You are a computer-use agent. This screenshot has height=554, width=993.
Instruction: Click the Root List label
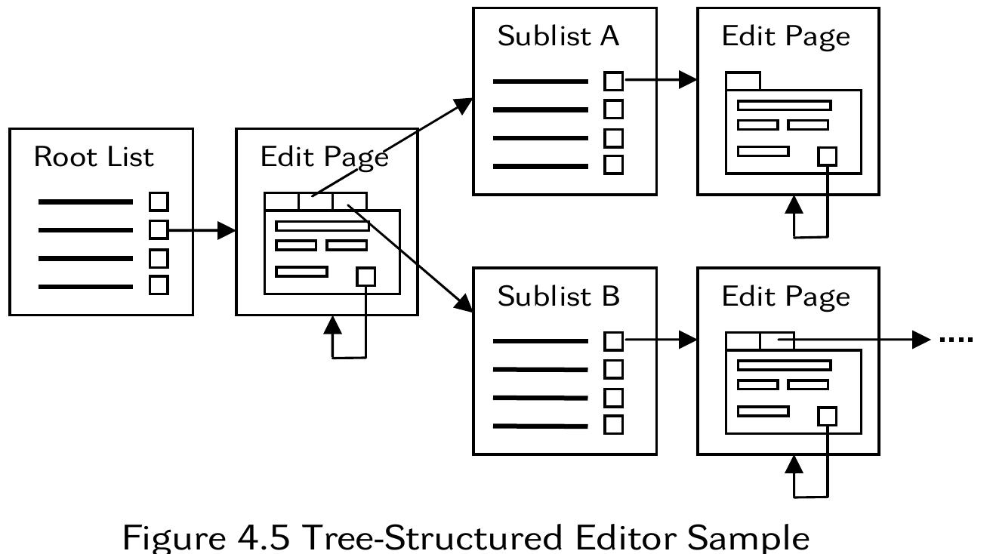[94, 157]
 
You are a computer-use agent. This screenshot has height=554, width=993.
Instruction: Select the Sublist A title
[558, 37]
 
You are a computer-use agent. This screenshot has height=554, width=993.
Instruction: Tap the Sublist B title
[558, 297]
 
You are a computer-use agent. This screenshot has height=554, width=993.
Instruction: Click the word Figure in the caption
[171, 537]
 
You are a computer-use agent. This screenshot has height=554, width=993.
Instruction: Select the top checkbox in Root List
[159, 202]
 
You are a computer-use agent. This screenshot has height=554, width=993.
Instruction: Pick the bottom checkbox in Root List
[159, 285]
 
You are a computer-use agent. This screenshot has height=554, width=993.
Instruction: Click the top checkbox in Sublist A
[614, 80]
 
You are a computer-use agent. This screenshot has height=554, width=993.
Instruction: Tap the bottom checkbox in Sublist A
[614, 165]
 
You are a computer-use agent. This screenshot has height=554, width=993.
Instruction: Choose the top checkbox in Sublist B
[614, 341]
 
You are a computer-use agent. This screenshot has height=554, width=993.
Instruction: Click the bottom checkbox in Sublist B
[614, 425]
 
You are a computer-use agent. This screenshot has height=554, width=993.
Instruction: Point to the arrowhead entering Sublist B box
[464, 304]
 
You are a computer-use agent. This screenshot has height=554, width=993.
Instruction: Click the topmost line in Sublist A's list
[540, 81]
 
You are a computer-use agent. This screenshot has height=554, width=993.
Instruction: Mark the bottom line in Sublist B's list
[540, 426]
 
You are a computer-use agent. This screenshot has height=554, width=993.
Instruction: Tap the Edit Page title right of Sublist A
[785, 37]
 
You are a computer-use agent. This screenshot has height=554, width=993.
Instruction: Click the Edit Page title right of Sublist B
[785, 297]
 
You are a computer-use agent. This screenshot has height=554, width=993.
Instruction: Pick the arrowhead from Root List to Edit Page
[227, 230]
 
